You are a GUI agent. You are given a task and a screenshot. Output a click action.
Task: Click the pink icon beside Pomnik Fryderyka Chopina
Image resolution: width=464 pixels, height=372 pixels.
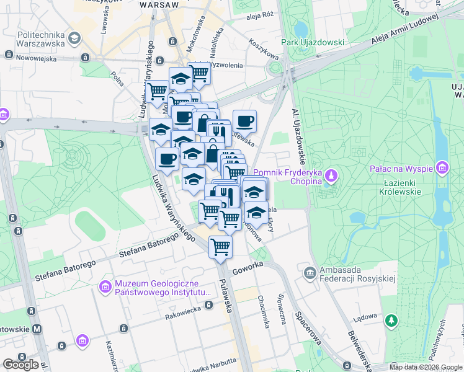[x=332, y=176]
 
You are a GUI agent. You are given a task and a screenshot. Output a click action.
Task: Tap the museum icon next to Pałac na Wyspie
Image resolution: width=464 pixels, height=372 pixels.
[x=442, y=167]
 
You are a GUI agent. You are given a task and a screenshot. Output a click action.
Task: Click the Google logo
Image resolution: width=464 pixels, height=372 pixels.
[x=20, y=365]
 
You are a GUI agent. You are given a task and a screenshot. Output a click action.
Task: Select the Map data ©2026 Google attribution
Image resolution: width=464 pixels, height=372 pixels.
[x=426, y=368]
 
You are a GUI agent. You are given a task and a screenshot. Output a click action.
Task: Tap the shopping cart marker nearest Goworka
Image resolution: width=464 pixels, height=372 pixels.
[x=220, y=247]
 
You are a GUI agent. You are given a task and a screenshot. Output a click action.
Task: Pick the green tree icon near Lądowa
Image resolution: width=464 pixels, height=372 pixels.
[x=391, y=320]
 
